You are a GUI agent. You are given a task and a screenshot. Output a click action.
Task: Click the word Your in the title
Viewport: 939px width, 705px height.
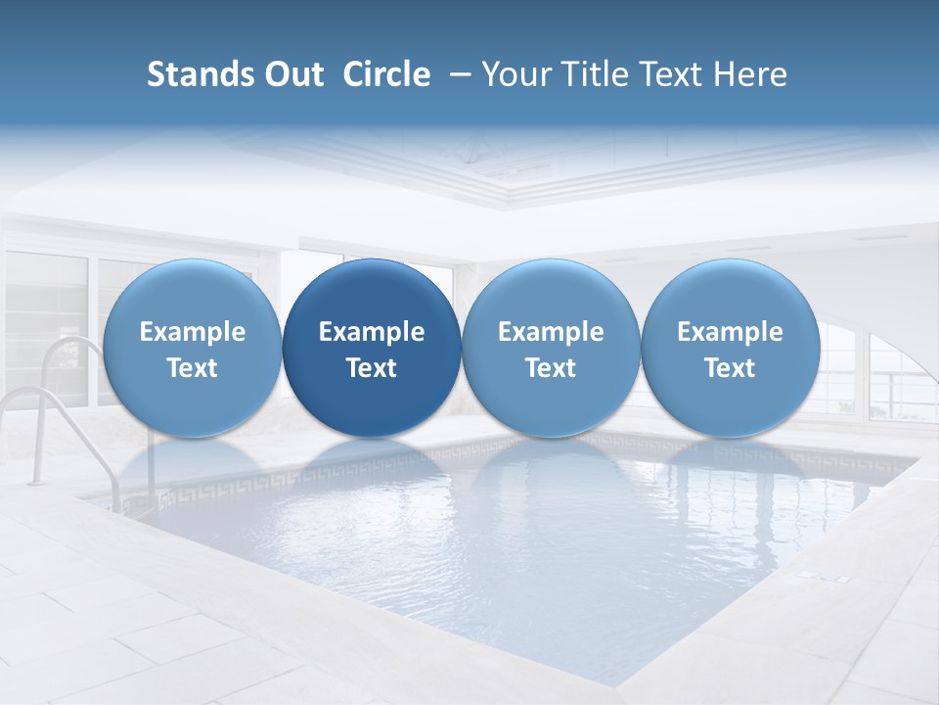[x=514, y=74]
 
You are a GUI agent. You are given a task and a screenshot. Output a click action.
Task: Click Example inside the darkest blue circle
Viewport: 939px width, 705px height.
[x=372, y=332]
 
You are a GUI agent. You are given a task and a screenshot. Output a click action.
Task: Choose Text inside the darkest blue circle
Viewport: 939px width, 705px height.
[x=372, y=368]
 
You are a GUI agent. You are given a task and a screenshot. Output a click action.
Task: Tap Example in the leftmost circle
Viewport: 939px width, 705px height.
[x=193, y=332]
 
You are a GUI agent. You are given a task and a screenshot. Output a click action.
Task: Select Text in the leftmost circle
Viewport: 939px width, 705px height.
[x=193, y=368]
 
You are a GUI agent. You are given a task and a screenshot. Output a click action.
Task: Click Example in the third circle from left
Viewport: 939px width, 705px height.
[x=551, y=332]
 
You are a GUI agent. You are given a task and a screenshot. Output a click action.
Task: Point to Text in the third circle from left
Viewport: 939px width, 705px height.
[x=551, y=368]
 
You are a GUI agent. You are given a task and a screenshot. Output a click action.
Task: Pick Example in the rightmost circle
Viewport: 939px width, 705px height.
[x=731, y=332]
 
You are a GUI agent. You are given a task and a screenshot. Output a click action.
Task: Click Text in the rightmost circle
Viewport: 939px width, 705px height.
[x=731, y=368]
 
